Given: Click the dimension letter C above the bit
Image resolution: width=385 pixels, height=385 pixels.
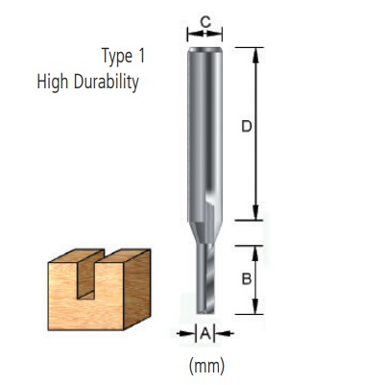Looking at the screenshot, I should tap(205, 19).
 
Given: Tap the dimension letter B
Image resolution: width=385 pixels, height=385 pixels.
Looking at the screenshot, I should tap(245, 280).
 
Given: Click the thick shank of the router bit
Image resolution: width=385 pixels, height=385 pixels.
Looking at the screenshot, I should tap(205, 125).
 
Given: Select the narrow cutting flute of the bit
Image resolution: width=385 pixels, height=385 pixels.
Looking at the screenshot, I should tap(205, 278).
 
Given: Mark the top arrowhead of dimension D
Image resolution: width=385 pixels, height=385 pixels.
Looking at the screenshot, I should tap(255, 52).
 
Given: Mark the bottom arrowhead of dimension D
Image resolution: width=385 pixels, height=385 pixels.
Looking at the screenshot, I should tap(255, 214).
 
